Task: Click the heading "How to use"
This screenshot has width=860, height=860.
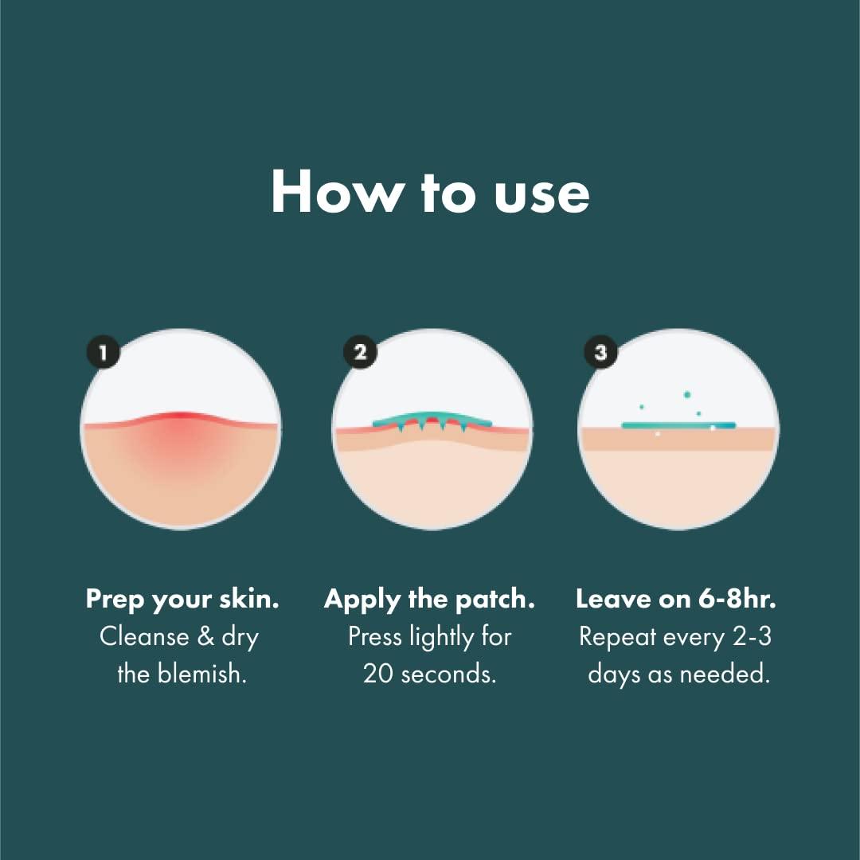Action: click(x=430, y=193)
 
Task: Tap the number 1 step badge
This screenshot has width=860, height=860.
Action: click(x=102, y=352)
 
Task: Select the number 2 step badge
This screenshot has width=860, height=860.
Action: click(x=360, y=352)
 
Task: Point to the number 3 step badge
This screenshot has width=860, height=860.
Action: click(x=600, y=352)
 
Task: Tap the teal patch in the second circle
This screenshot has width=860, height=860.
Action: click(x=432, y=420)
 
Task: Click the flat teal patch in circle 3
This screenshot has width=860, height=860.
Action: click(x=678, y=425)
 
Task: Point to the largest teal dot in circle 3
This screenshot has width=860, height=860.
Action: click(x=686, y=394)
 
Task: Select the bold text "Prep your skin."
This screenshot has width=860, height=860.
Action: click(x=182, y=600)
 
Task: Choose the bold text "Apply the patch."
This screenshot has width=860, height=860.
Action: click(x=429, y=600)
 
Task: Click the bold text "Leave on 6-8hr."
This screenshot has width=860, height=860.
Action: click(x=676, y=600)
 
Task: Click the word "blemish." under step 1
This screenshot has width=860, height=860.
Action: click(x=203, y=674)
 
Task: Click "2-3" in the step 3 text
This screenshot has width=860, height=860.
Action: click(x=749, y=637)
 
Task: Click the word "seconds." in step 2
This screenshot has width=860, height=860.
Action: click(x=449, y=674)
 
